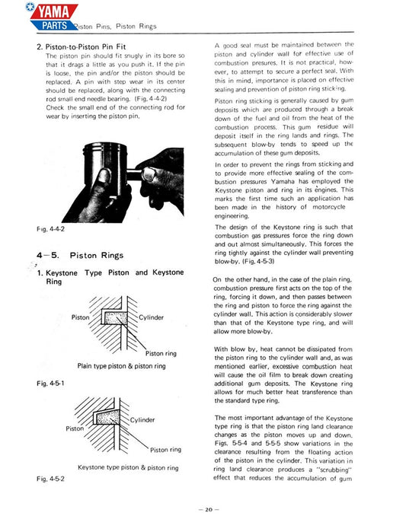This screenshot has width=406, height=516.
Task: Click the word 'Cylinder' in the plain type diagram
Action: [x=155, y=317]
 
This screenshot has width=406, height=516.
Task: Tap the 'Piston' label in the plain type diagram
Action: [x=82, y=317]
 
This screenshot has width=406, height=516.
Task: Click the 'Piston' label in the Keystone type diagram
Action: [x=75, y=428]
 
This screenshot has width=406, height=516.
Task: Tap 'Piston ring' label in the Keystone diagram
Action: [x=165, y=449]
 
